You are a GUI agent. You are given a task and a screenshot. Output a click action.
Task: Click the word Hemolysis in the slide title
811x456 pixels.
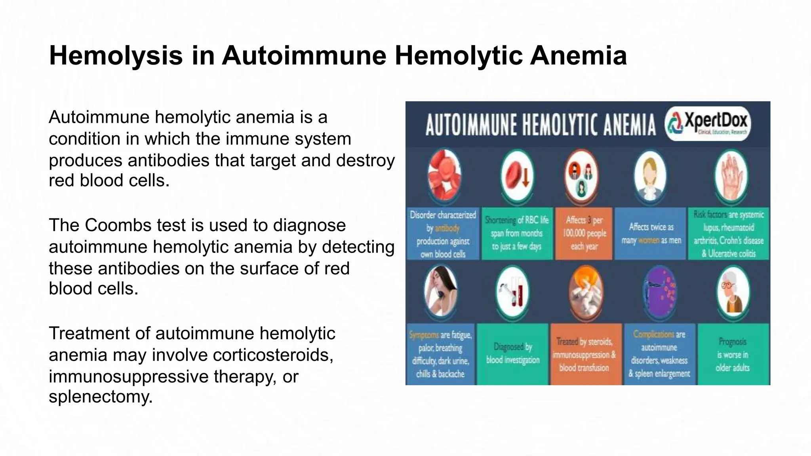pyautogui.click(x=116, y=56)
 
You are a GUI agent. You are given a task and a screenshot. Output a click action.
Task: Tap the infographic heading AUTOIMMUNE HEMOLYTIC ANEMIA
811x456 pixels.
pyautogui.click(x=541, y=125)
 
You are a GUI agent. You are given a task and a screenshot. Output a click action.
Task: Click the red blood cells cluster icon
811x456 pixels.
pyautogui.click(x=444, y=175)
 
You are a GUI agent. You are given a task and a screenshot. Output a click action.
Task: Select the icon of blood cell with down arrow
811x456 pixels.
pyautogui.click(x=517, y=176)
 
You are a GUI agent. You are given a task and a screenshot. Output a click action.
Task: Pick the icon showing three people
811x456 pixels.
pyautogui.click(x=581, y=176)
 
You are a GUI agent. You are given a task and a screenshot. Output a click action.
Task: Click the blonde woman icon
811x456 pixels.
pyautogui.click(x=650, y=176)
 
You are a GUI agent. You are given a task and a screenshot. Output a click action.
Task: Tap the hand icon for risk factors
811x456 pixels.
pyautogui.click(x=731, y=176)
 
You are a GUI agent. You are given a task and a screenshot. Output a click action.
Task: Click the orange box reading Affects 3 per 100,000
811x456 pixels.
pyautogui.click(x=584, y=234)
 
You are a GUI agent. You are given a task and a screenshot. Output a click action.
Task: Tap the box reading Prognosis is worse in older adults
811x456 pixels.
pyautogui.click(x=733, y=354)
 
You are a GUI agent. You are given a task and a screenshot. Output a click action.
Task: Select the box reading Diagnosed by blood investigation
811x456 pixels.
pyautogui.click(x=513, y=353)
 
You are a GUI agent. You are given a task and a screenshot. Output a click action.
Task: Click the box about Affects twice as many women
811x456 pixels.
pyautogui.click(x=651, y=234)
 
